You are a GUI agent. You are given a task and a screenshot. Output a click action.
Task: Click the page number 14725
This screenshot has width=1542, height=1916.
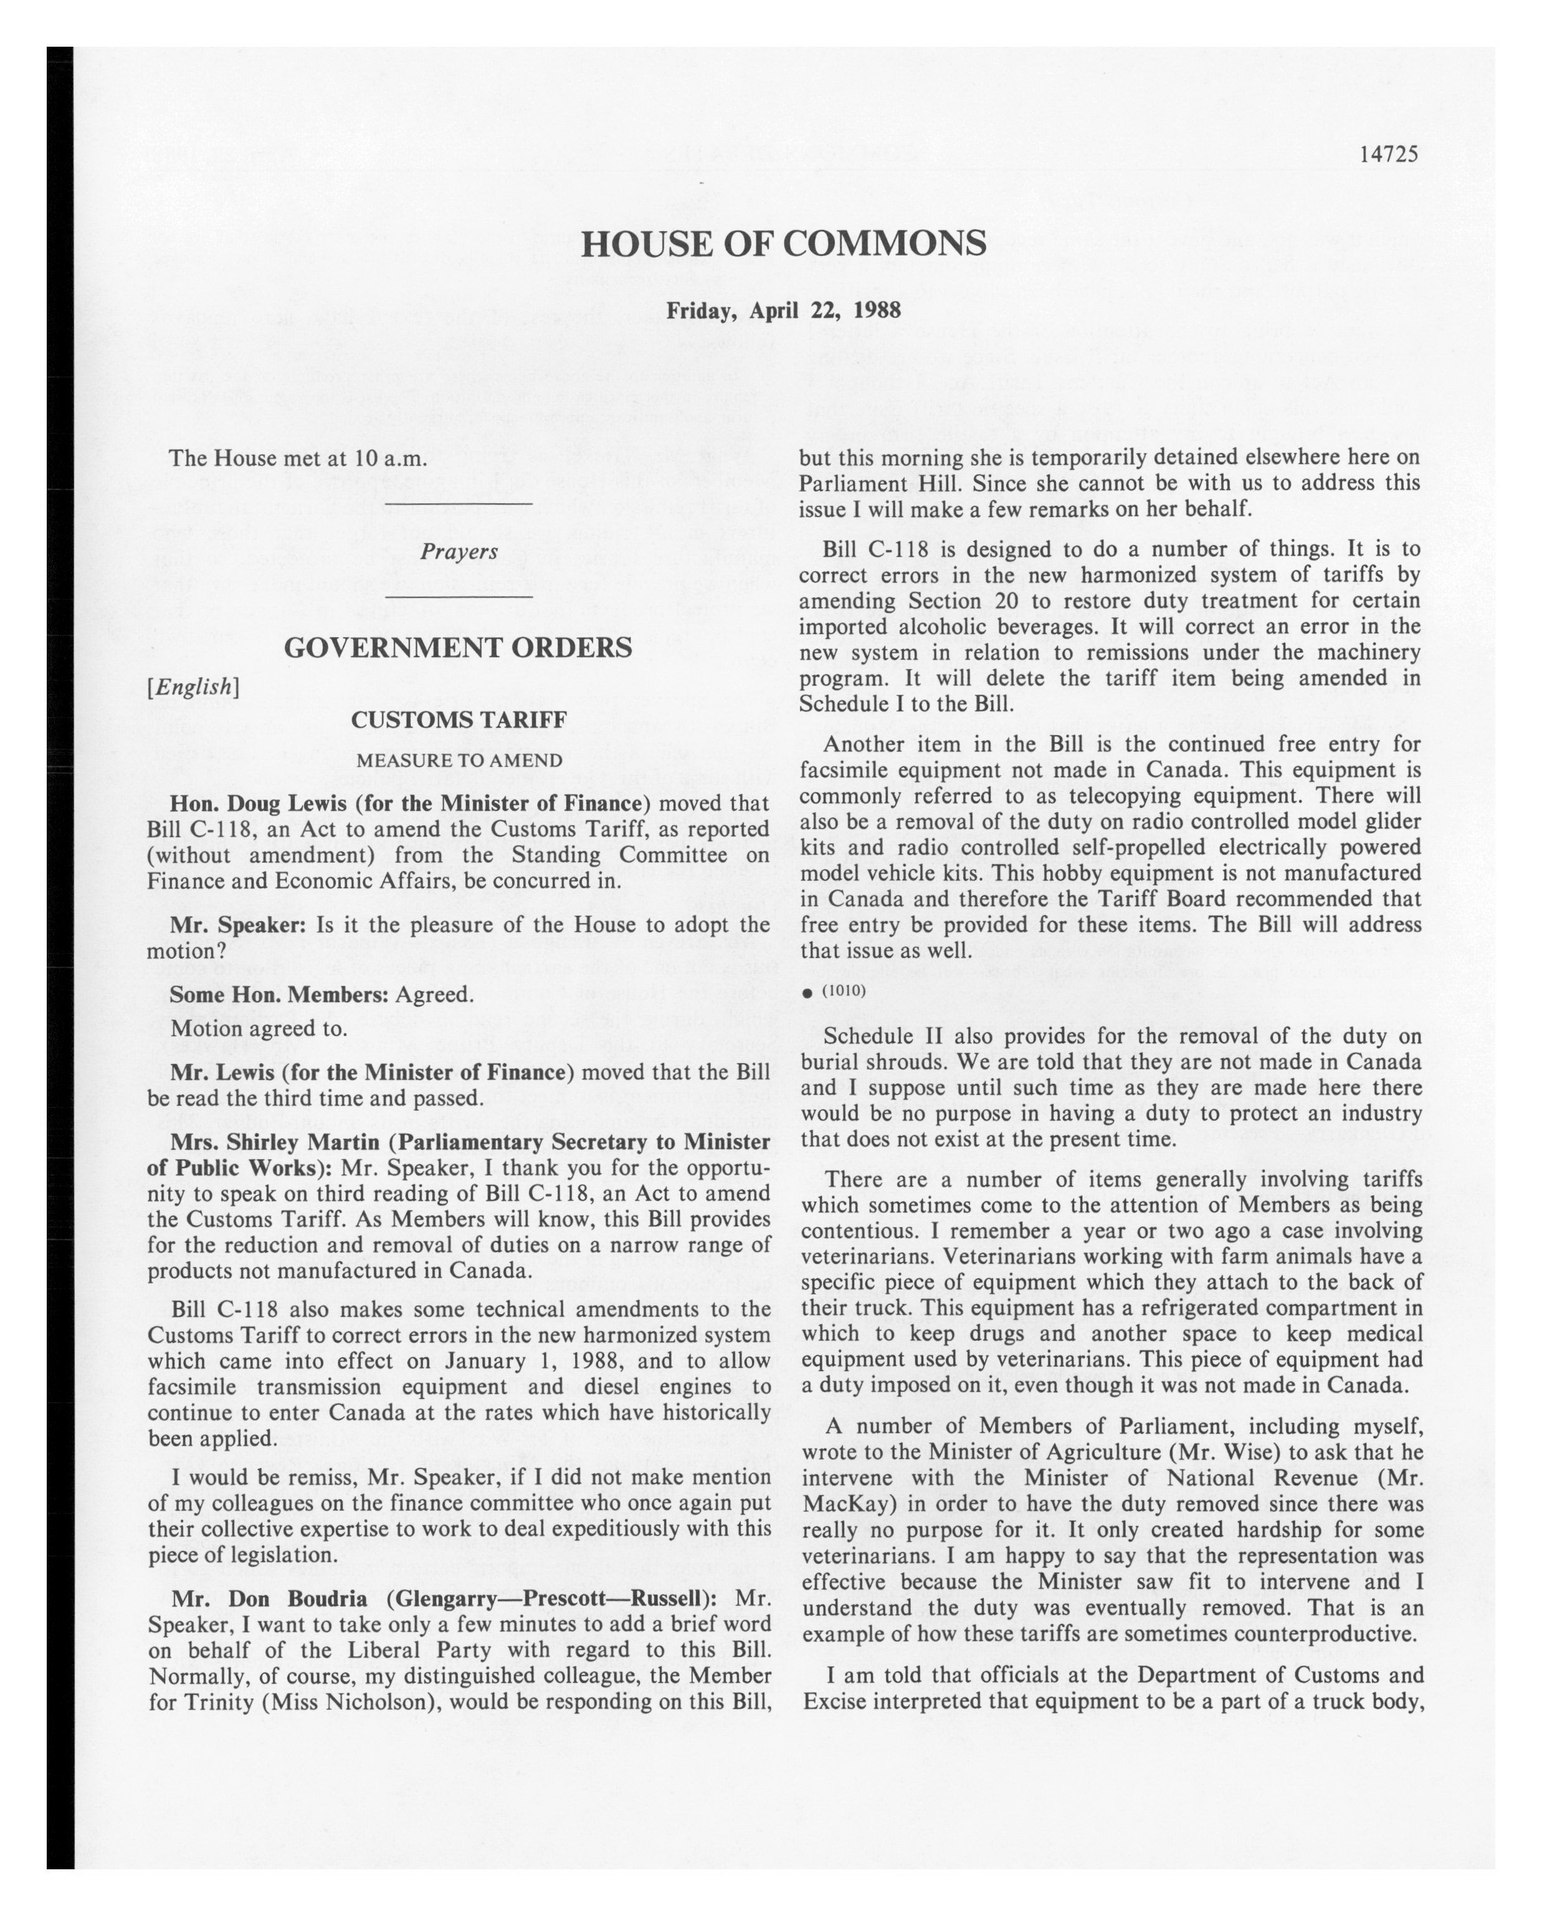[x=1388, y=154]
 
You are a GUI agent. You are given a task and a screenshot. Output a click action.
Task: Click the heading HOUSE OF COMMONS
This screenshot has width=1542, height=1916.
[x=783, y=242]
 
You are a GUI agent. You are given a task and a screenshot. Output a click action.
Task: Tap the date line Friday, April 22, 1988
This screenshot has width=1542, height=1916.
[x=783, y=310]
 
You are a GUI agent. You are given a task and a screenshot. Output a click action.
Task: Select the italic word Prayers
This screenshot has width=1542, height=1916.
[x=459, y=552]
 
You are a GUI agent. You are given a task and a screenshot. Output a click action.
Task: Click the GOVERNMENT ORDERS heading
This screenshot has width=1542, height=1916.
[x=458, y=648]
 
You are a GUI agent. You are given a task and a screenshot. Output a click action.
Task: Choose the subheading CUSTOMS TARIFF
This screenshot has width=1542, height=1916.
[x=459, y=720]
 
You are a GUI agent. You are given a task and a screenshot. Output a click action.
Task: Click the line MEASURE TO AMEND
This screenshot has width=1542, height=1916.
[x=459, y=761]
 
